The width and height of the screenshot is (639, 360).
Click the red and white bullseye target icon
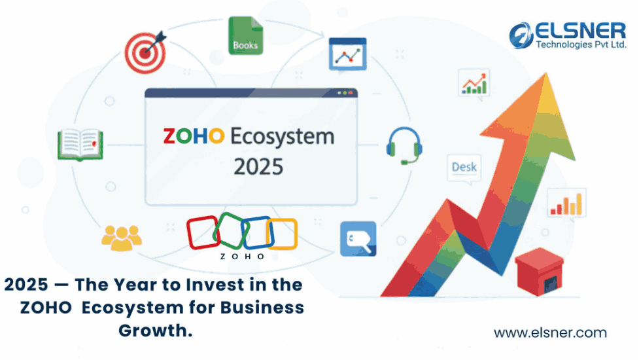(x=145, y=52)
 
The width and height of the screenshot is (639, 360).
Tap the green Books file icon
(x=245, y=35)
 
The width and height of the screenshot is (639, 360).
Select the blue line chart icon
(x=347, y=54)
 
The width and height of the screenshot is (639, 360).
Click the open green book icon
(x=80, y=144)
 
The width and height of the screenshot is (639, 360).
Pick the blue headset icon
(x=404, y=145)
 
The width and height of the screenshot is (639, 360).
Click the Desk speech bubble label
(x=464, y=167)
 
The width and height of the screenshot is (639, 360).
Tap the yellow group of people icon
(x=122, y=238)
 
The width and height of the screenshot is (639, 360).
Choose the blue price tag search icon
(x=358, y=239)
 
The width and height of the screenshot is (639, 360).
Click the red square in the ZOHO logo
(x=203, y=232)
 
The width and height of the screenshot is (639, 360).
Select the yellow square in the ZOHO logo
(x=282, y=234)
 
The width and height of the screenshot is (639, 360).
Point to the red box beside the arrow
(x=539, y=272)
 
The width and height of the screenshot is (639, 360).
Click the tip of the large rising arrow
(x=545, y=73)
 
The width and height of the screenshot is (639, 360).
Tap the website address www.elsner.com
(x=550, y=333)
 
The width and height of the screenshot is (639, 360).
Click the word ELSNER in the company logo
(x=580, y=31)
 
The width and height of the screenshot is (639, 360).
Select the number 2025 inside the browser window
(x=258, y=167)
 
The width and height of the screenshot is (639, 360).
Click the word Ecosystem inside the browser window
(x=283, y=137)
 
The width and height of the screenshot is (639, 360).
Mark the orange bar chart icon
(x=566, y=204)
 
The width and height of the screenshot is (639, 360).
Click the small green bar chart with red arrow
(x=474, y=83)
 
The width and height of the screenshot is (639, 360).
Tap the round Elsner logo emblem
(x=521, y=35)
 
